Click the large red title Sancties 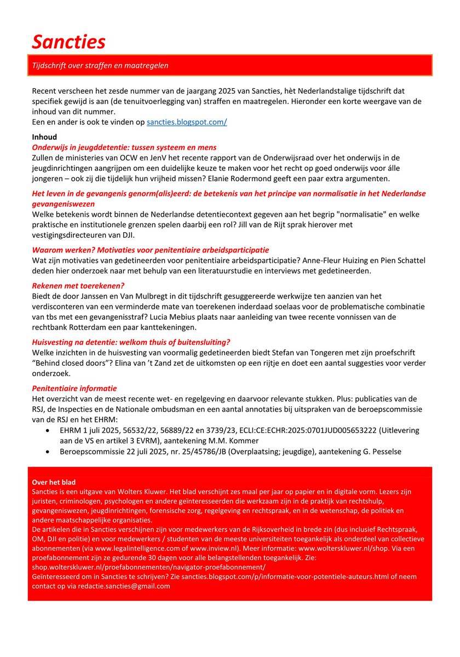[68, 41]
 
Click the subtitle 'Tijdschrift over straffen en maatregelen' [100, 66]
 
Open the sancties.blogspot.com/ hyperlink [186, 122]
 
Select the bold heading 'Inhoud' [44, 137]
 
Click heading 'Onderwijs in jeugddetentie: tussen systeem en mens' [124, 147]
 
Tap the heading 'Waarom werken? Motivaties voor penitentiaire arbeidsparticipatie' [151, 250]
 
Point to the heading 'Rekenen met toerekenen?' [78, 285]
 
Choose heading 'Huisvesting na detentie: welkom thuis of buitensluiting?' [131, 342]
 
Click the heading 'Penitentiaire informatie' [74, 388]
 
